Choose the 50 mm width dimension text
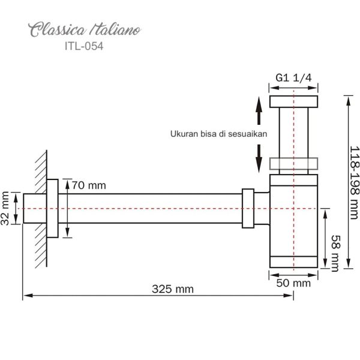coord(293,281)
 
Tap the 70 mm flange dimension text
coord(88,185)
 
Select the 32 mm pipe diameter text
coord(6,208)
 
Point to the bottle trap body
coord(292,216)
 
